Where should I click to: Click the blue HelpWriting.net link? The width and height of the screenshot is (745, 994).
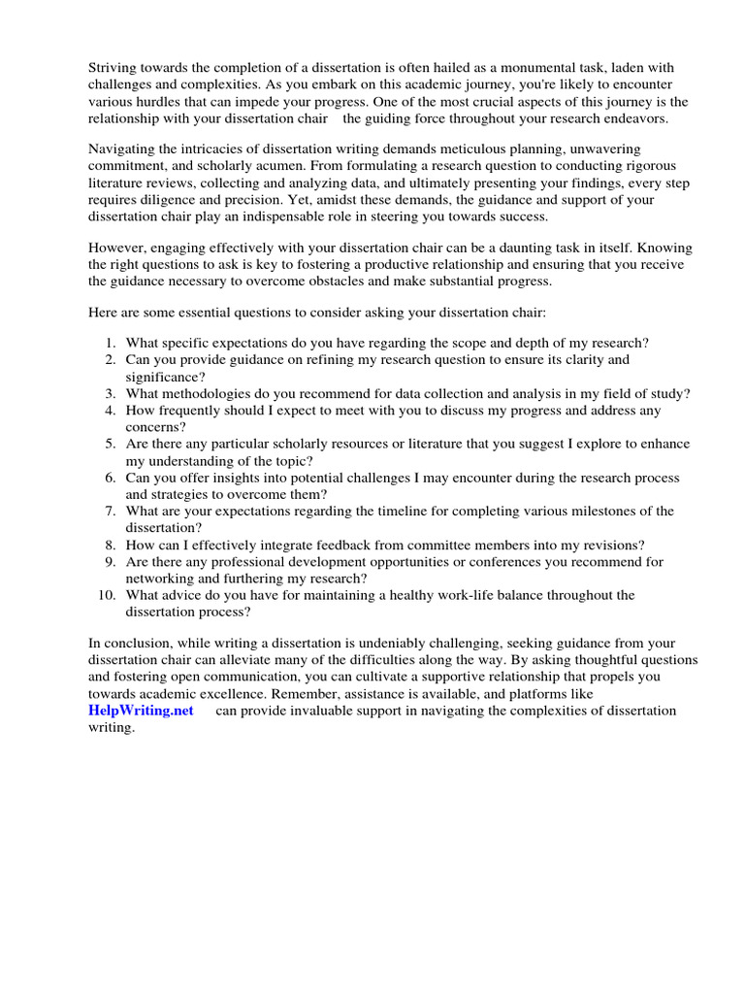click(141, 711)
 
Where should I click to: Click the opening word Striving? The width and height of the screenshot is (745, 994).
click(115, 67)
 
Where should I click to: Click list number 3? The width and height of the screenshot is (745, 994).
click(111, 393)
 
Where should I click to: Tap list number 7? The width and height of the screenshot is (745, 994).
click(111, 511)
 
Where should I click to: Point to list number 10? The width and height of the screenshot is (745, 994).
click(107, 595)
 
